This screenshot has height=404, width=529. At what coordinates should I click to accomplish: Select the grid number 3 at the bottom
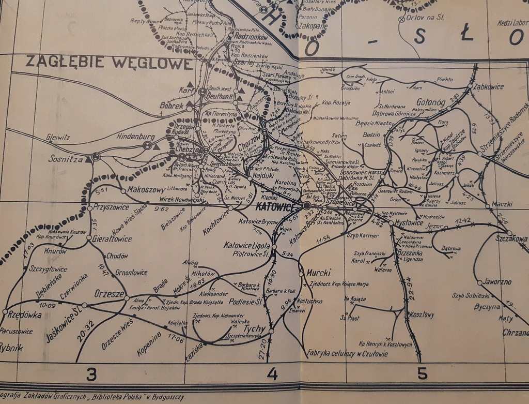pyautogui.click(x=91, y=373)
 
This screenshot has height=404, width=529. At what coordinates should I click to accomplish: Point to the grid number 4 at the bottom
pyautogui.click(x=272, y=373)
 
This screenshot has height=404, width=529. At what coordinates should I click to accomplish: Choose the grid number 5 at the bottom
pyautogui.click(x=422, y=373)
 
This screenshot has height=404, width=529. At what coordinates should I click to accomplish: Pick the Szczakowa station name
pyautogui.click(x=511, y=239)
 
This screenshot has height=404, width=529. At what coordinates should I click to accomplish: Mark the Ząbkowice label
pyautogui.click(x=488, y=86)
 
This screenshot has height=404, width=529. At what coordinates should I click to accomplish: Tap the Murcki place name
pyautogui.click(x=318, y=272)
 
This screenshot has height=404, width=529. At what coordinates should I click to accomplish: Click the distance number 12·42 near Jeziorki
pyautogui.click(x=463, y=221)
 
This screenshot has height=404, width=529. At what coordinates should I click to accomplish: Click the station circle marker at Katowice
pyautogui.click(x=306, y=205)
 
